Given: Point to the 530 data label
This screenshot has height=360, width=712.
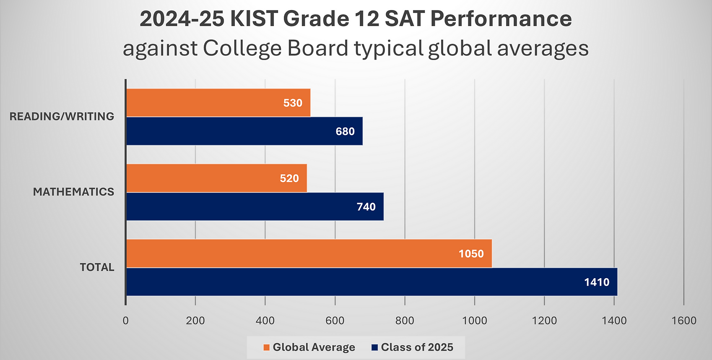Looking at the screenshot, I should tap(293, 103).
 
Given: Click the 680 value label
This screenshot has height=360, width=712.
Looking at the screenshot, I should tap(345, 131).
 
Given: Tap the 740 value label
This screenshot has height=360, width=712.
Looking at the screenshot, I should tap(366, 206).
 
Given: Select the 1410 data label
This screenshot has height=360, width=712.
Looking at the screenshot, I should tap(597, 282).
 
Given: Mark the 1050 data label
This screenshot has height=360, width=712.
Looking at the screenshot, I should tap(471, 253).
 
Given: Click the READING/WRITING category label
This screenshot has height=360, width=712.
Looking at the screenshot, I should tap(62, 116).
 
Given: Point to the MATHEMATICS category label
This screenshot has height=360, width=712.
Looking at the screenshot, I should tap(73, 192).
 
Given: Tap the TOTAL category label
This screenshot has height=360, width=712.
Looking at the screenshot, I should tap(97, 267).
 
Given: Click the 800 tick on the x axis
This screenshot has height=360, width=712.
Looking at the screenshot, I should tap(405, 321).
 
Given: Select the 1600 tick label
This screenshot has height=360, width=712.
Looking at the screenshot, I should tap(683, 321).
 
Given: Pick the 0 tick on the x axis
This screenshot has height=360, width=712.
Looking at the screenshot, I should tap(126, 321).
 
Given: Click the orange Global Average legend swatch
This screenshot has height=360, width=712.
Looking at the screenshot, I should tap(266, 347).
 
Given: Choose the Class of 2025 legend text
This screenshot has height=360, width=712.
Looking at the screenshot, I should tap(417, 347).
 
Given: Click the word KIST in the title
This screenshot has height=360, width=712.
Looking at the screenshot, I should tap(254, 19).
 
